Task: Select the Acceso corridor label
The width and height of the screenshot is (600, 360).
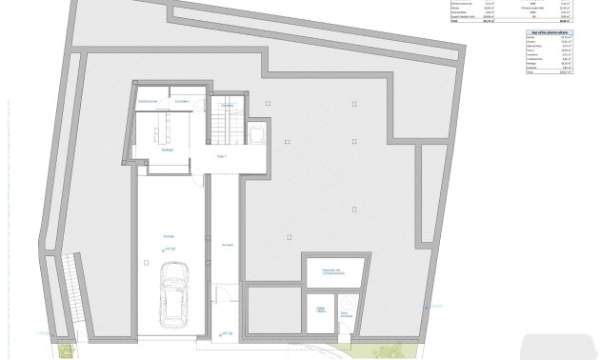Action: [x=227, y=244]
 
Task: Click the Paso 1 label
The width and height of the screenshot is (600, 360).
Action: [x=223, y=154]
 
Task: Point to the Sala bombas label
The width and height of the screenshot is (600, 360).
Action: [x=347, y=311]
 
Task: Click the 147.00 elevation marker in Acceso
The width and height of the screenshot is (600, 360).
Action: [x=226, y=333]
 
